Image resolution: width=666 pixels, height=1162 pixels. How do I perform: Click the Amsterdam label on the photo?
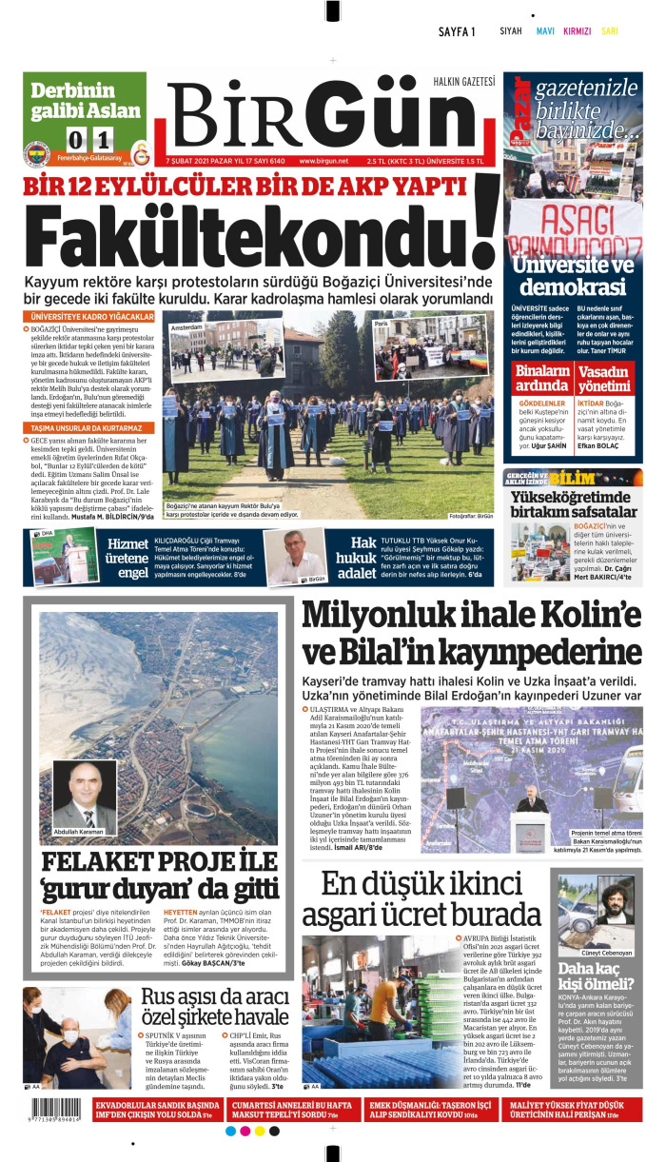[187, 327]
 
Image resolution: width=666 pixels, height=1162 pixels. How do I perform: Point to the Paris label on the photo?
[382, 325]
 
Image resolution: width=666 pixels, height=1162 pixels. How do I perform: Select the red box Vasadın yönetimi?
[604, 378]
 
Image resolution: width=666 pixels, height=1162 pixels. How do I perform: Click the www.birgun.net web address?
[323, 161]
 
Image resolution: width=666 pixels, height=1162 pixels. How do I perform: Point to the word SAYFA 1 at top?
[457, 31]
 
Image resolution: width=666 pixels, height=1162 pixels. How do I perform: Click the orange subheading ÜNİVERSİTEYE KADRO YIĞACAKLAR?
[92, 316]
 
